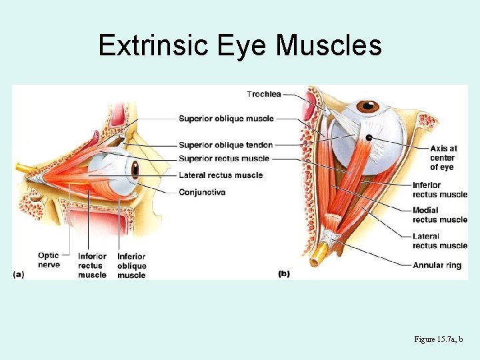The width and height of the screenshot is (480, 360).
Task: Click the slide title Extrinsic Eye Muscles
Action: pos(240,46)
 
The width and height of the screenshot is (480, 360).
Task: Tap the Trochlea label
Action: pos(263,94)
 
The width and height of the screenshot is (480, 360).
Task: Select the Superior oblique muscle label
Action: pos(226,119)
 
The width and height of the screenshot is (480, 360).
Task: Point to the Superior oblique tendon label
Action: pos(225,145)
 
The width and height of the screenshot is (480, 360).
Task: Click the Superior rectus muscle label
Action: pos(224,159)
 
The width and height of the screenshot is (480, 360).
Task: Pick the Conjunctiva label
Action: pos(202,192)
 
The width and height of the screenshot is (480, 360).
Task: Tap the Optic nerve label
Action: pos(49,259)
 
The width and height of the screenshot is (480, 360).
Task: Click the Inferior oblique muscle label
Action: pos(131,265)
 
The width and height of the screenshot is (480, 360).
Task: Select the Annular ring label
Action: pos(437,265)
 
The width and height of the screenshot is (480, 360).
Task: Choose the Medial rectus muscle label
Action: pos(439,215)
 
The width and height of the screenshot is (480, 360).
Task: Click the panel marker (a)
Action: pos(19,274)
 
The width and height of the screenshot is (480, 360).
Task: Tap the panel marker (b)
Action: pos(283,274)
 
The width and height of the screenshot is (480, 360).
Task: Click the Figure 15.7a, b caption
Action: pos(443,339)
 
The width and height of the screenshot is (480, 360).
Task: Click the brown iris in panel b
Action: pos(367,106)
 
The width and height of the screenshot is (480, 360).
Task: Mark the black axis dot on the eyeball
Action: pos(369,137)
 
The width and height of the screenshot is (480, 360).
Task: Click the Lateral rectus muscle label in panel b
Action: pos(439,241)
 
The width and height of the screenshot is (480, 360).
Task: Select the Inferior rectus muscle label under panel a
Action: pos(92,265)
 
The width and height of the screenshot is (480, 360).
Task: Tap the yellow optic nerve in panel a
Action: pos(25,169)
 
